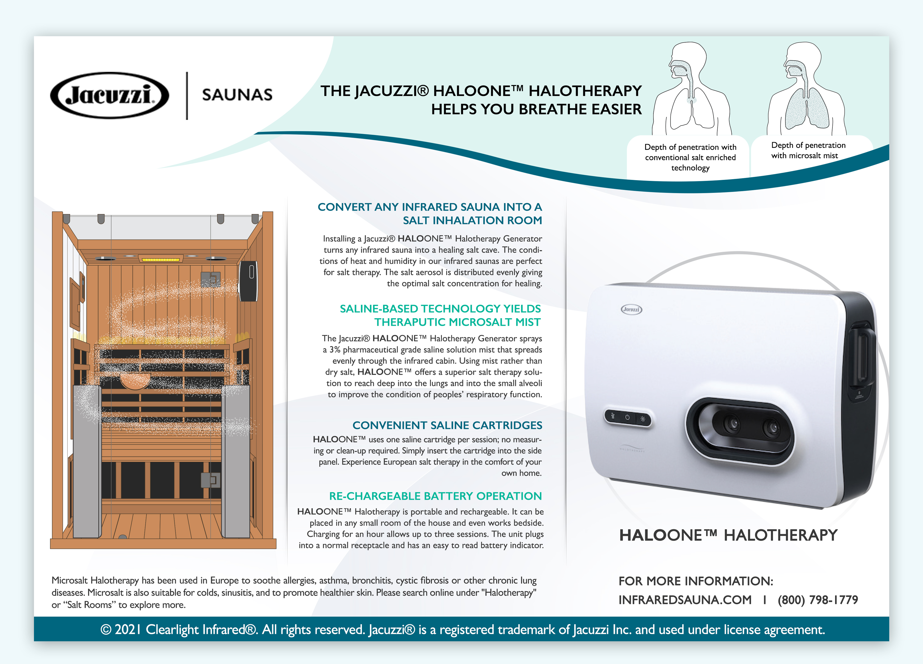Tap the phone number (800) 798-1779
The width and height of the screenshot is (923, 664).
click(x=818, y=600)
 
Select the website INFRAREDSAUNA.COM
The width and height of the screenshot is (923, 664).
click(x=685, y=600)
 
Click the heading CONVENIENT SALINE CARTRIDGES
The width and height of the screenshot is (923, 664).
click(x=447, y=425)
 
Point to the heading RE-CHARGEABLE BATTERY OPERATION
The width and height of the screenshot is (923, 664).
click(x=435, y=496)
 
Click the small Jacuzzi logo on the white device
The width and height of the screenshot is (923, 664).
click(x=632, y=310)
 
